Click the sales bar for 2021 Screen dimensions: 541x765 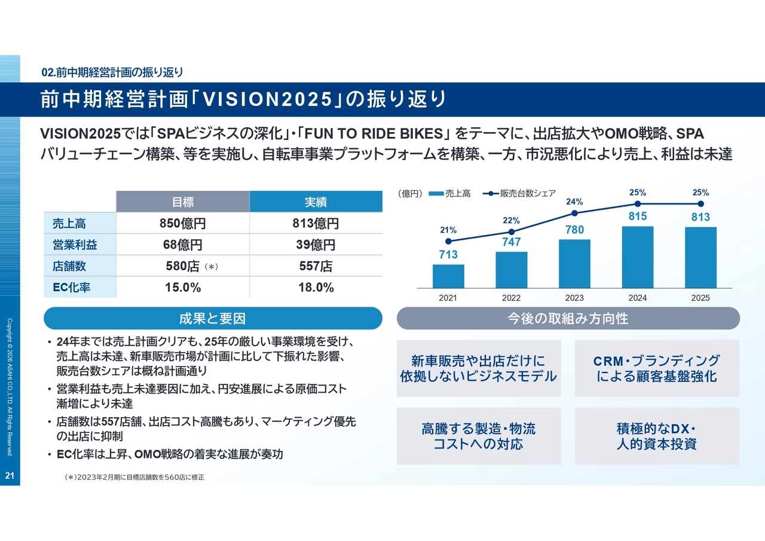click(x=448, y=276)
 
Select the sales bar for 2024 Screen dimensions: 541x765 click(x=637, y=256)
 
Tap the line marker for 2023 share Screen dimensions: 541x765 click(x=574, y=213)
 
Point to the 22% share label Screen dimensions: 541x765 click(x=511, y=221)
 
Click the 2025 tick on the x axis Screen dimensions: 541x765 click(x=700, y=298)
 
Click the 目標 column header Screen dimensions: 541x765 click(x=182, y=202)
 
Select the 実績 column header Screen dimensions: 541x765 click(x=316, y=202)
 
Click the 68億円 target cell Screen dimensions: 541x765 click(x=182, y=244)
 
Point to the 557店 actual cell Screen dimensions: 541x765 click(x=316, y=266)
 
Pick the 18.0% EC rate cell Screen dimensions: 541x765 click(x=316, y=288)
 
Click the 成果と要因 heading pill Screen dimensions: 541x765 click(x=213, y=319)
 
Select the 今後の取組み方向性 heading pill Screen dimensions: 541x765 click(x=568, y=319)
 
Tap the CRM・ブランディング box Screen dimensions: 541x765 click(x=657, y=368)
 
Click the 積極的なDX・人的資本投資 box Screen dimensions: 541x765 click(x=657, y=436)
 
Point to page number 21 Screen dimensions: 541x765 click(x=10, y=476)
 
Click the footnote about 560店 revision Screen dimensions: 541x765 click(x=134, y=478)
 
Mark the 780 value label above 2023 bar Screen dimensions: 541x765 click(x=574, y=230)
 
